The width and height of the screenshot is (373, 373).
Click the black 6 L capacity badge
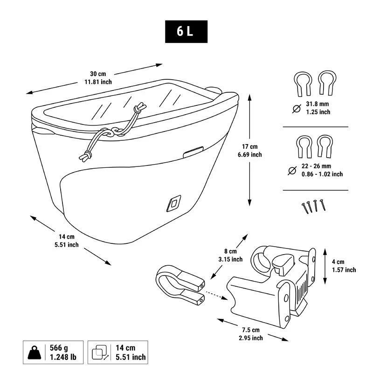186,32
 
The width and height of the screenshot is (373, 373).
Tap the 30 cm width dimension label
98,78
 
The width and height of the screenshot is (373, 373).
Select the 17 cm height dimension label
250,151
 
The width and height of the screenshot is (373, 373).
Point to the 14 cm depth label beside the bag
67,241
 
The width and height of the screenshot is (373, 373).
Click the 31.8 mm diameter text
318,108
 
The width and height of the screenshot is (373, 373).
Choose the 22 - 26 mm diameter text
322,170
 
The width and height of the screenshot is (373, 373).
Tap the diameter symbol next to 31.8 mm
297,109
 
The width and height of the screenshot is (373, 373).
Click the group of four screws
314,206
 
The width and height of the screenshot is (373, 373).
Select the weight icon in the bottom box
34,352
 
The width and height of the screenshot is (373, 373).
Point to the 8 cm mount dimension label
230,255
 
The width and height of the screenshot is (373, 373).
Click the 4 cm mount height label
344,266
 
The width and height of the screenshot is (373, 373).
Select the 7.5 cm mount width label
251,334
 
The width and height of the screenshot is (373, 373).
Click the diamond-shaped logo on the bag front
173,203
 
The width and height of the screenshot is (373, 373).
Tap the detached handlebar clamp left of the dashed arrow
180,285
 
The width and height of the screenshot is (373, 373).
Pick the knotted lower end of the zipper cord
85,156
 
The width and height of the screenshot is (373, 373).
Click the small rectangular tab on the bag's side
193,152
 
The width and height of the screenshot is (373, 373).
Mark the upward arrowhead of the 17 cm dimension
249,97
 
